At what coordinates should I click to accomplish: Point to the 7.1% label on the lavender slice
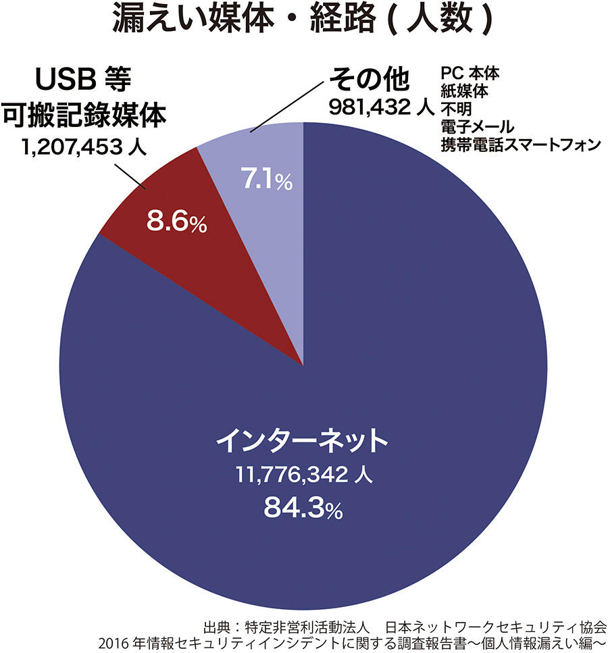tap(266, 181)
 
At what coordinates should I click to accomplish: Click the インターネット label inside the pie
tap(303, 442)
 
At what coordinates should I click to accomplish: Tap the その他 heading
tap(369, 80)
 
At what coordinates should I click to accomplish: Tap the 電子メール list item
tap(476, 126)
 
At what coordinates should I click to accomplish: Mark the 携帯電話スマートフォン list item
tap(520, 143)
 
